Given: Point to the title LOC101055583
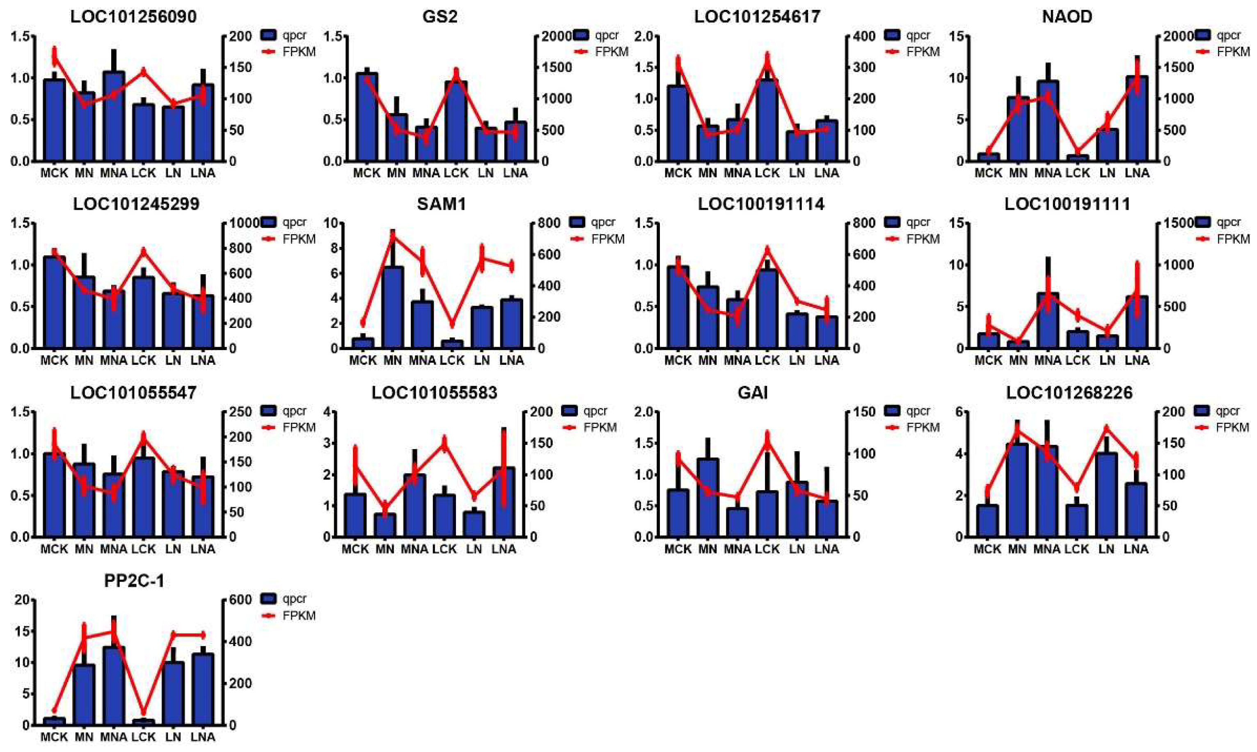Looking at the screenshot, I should (x=434, y=393).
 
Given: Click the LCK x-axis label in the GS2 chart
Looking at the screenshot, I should (x=456, y=173).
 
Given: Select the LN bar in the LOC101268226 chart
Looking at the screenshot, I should (x=1106, y=494).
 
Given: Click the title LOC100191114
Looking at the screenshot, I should (x=760, y=204).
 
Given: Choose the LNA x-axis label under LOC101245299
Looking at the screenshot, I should (x=203, y=360).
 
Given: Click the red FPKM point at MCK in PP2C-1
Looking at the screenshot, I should (x=54, y=711).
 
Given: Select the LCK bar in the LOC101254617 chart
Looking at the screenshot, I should (x=767, y=119).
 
